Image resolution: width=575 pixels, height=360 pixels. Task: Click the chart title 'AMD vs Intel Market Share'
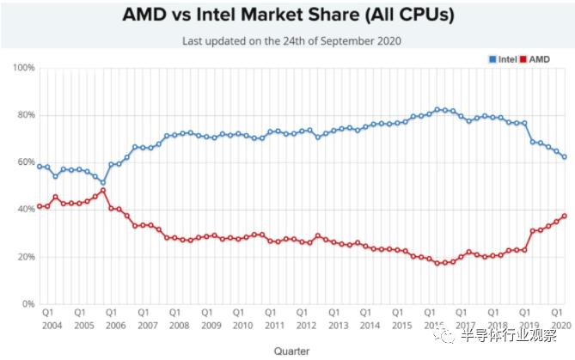[287, 15]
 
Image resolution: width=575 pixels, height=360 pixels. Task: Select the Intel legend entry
[503, 58]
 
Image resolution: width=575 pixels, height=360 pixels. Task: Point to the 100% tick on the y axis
[23, 68]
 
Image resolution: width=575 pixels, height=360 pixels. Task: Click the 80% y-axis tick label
[24, 115]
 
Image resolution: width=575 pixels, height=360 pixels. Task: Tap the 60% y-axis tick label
[24, 162]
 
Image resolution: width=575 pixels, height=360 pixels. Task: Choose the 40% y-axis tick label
[24, 210]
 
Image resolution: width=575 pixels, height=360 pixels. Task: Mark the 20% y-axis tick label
[24, 257]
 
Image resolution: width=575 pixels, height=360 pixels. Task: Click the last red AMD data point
[564, 216]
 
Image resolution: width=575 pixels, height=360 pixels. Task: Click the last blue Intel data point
[564, 157]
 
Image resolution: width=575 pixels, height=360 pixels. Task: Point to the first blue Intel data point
[40, 167]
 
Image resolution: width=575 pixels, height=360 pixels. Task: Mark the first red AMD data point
[40, 206]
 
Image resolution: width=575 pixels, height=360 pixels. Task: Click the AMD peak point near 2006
[103, 190]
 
